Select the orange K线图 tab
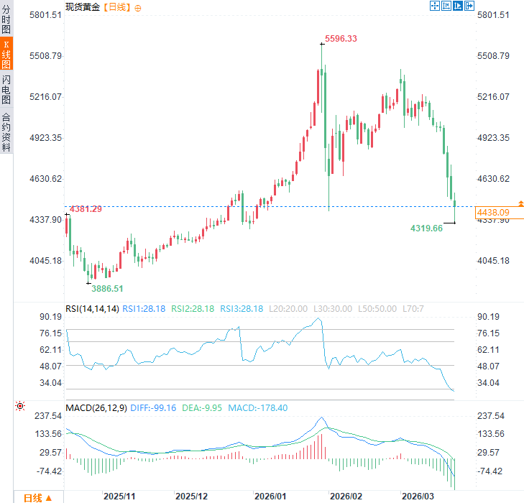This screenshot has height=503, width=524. (x=6, y=55)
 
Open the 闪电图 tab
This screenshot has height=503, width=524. (x=6, y=89)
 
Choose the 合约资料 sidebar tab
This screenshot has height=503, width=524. (x=6, y=131)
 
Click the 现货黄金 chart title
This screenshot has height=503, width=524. (x=83, y=6)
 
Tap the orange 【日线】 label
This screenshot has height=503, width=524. (x=116, y=6)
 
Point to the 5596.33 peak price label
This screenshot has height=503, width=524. (x=341, y=39)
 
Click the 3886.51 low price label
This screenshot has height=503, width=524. (x=107, y=288)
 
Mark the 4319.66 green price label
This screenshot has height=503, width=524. (x=426, y=228)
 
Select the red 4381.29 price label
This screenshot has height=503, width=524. (x=86, y=209)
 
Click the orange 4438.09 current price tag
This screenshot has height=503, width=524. (x=494, y=213)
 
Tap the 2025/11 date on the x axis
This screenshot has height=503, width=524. (x=119, y=497)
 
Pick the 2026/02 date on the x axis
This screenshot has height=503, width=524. (x=345, y=497)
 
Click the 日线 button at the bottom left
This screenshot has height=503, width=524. (x=37, y=497)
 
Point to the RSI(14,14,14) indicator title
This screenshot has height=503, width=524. (x=92, y=308)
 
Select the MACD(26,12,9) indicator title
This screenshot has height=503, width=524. (x=96, y=408)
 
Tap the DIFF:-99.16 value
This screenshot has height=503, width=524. (x=153, y=408)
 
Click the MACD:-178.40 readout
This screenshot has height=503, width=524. (x=257, y=408)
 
